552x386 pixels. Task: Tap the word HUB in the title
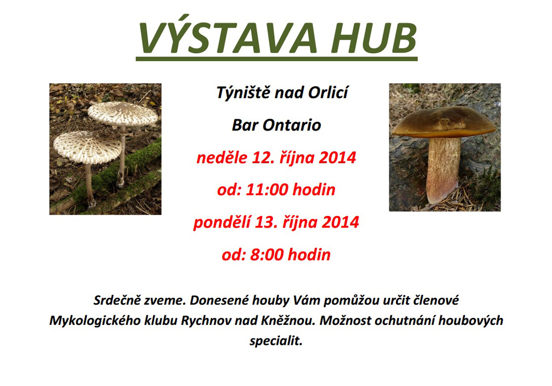(374, 38)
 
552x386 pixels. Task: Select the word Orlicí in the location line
(328, 92)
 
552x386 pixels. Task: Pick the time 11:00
(267, 190)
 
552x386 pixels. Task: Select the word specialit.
(276, 341)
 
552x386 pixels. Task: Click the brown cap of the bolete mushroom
(444, 122)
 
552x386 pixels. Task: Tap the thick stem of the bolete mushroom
(443, 169)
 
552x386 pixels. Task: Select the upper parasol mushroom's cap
(122, 113)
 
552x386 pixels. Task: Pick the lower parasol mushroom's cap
(88, 147)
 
